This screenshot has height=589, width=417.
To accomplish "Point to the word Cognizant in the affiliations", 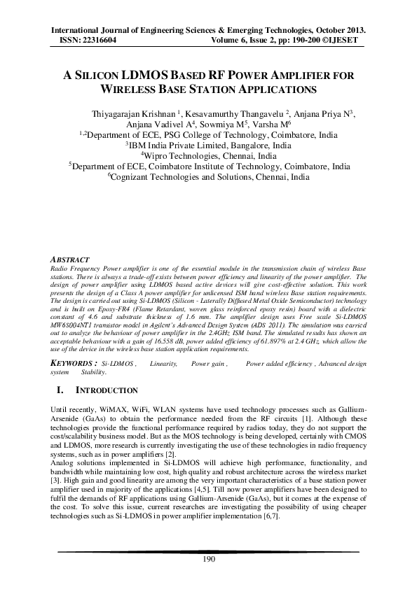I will click(130, 178).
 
